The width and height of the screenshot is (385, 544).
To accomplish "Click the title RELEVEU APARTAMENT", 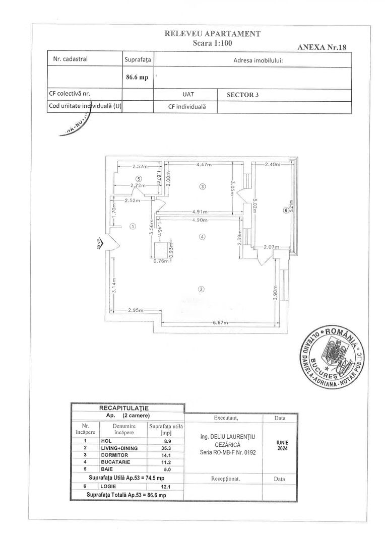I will coord(212,34).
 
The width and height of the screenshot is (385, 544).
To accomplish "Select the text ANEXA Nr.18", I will coord(321,47).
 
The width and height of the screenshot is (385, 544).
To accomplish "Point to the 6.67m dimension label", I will coord(220,322).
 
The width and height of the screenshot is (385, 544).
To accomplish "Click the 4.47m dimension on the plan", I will coord(204,164).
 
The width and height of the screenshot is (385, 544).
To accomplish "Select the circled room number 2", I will coord(201,289).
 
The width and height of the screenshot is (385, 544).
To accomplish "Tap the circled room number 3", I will coord(203,186).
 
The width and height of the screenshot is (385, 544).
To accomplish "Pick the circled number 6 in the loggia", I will coord(285,211).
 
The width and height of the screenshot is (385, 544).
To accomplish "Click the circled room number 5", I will coord(139,178).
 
